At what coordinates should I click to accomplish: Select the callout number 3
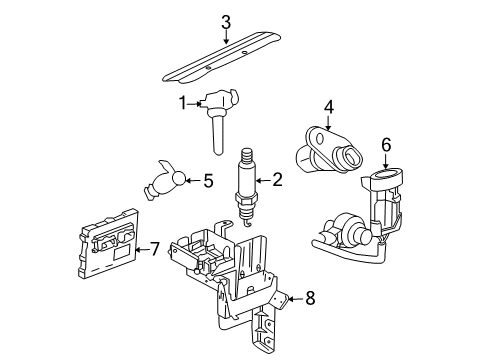[226, 22]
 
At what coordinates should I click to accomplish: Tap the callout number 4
[328, 105]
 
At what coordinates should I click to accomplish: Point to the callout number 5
[209, 181]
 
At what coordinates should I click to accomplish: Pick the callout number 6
[386, 145]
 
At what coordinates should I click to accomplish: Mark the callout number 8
[309, 297]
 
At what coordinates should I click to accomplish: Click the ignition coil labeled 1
[216, 114]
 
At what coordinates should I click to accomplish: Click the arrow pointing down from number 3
[226, 38]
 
